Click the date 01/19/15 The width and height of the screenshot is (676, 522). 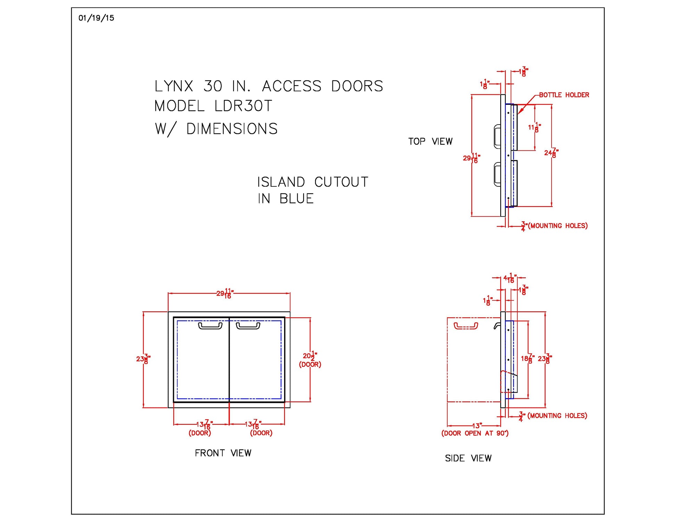(96, 18)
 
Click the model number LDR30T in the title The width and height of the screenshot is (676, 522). (243, 106)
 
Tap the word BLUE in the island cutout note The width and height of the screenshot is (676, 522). (296, 199)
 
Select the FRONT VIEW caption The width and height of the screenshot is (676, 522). (223, 453)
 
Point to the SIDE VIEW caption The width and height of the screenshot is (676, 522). (468, 458)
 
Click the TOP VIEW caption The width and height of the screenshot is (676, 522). (430, 142)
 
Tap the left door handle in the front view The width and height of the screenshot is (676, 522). (210, 326)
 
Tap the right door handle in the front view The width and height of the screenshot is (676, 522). (248, 326)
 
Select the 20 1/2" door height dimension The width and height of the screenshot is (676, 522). (310, 356)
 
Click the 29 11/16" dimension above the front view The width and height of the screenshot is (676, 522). (225, 293)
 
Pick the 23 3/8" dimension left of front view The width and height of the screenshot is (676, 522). (143, 359)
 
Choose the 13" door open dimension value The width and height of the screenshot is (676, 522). (477, 426)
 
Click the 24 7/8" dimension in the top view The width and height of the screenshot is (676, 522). (551, 153)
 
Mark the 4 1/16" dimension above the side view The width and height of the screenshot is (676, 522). (510, 278)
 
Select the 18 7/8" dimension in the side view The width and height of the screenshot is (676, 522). (527, 359)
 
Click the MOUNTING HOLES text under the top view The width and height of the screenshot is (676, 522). (558, 226)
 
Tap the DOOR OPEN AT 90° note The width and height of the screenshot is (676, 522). (475, 433)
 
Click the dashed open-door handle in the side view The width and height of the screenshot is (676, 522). (466, 326)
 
